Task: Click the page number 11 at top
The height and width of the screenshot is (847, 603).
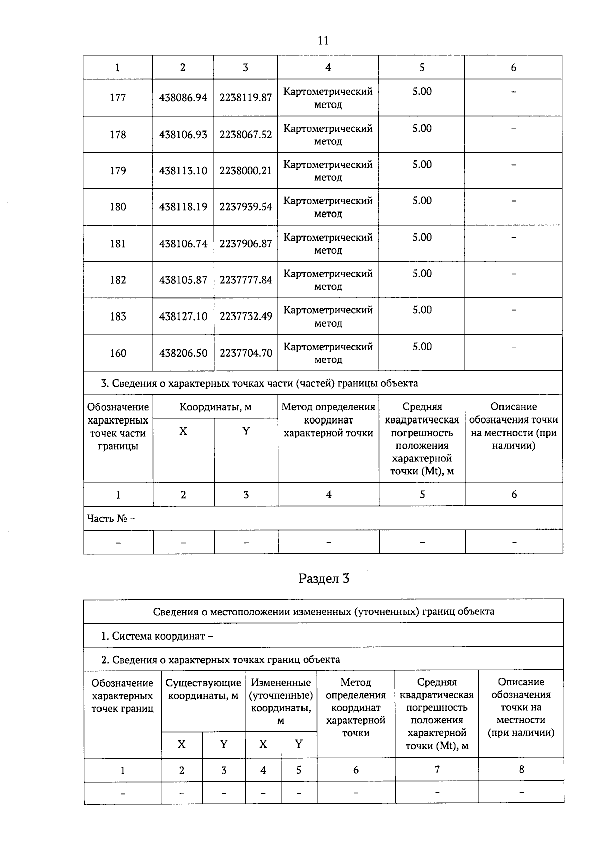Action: point(323,41)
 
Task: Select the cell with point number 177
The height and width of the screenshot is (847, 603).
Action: point(118,98)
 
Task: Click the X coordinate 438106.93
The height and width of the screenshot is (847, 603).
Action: point(183,135)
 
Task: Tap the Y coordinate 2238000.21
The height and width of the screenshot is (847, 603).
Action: point(245,171)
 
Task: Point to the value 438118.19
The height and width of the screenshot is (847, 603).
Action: point(183,207)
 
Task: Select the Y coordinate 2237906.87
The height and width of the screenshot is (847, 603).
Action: point(245,244)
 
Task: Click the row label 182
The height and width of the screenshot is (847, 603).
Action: point(118,280)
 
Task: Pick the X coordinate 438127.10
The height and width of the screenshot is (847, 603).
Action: point(183,316)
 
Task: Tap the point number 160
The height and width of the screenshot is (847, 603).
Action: point(118,353)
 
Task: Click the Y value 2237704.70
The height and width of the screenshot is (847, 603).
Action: point(245,353)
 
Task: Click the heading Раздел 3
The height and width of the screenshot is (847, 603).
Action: point(324,579)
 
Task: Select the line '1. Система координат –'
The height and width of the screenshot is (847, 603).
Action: point(157,636)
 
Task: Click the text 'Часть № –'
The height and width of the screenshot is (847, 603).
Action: point(111,518)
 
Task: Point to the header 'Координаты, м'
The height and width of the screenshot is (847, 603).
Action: point(215,407)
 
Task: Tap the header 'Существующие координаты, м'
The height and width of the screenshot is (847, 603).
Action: point(203,689)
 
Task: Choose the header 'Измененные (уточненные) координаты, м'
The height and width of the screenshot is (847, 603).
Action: point(280,701)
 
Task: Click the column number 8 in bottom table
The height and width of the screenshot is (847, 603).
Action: point(521,769)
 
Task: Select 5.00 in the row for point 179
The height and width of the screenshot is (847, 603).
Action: point(422,165)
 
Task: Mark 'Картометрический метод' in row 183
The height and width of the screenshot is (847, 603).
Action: point(328,316)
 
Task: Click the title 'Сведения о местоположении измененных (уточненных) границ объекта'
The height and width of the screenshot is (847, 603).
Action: point(323,611)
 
